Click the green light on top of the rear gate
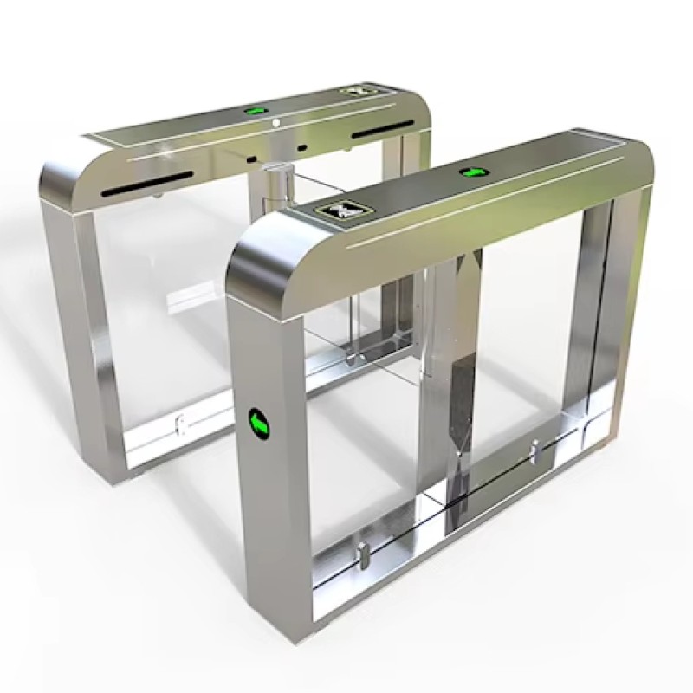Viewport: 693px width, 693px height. tap(255, 111)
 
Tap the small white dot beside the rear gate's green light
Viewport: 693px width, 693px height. tap(275, 124)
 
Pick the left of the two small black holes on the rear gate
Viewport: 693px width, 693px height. tap(249, 159)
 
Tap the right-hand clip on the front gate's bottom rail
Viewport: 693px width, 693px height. tap(534, 452)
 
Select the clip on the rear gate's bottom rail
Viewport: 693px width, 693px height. tap(180, 424)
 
